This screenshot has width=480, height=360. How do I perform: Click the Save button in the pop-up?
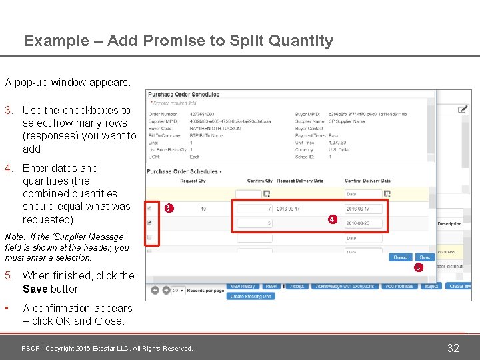[423, 257]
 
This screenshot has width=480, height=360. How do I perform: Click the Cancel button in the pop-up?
[401, 257]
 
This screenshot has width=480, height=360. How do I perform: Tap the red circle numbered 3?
[169, 208]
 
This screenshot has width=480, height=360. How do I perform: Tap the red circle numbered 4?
[332, 219]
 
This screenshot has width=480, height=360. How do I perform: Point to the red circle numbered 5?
[417, 267]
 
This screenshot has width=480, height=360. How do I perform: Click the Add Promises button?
[400, 286]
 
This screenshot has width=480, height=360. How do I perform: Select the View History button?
[243, 286]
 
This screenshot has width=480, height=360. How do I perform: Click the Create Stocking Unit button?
[250, 296]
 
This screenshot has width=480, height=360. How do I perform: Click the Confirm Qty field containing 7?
[253, 209]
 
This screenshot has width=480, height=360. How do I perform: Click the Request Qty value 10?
[203, 209]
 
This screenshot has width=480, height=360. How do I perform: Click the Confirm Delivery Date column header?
[367, 181]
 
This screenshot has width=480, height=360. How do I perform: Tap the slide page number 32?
[453, 348]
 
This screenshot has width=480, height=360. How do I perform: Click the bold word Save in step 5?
[35, 289]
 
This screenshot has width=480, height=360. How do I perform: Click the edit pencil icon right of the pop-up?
[463, 109]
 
